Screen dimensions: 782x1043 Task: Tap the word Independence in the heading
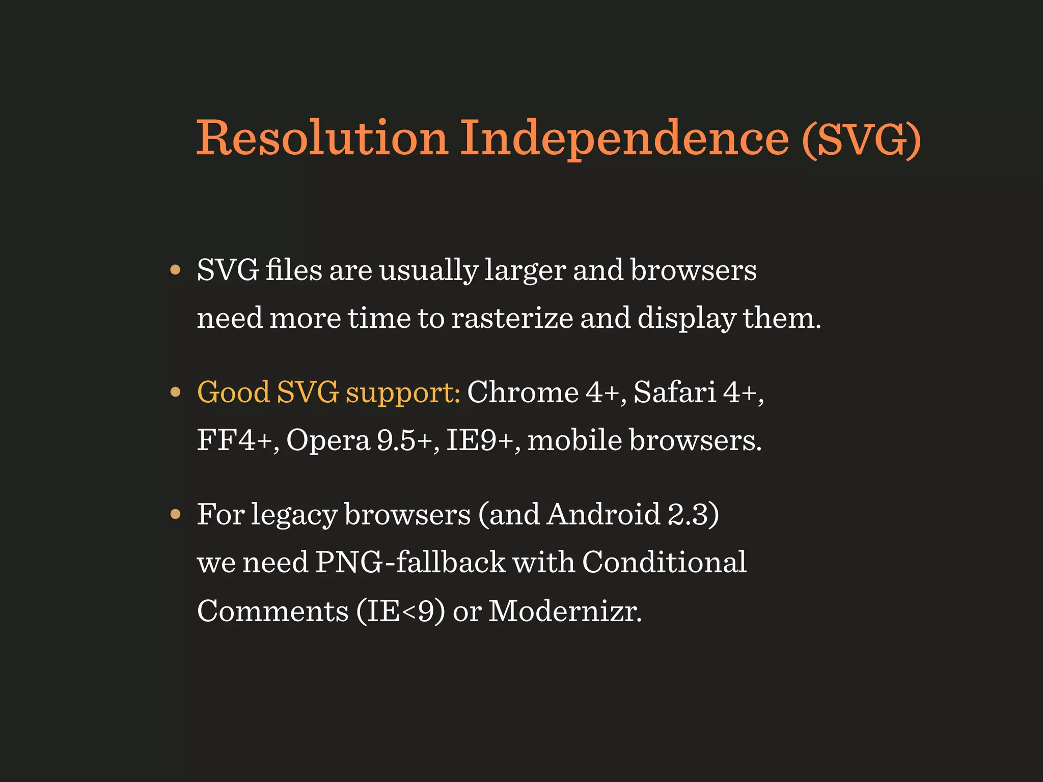(624, 138)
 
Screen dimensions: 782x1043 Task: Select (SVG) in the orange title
(861, 138)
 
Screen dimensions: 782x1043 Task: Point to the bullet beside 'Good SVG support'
(176, 392)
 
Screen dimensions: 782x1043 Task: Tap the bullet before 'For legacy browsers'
(176, 514)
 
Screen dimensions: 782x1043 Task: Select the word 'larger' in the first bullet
(525, 271)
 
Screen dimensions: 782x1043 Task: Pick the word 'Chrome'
(523, 392)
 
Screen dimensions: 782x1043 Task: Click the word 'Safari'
(675, 392)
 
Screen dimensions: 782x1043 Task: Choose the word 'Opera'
(328, 440)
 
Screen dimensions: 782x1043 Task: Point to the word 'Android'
(603, 514)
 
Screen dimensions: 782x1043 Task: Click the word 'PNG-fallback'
(410, 562)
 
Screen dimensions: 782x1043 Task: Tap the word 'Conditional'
(664, 562)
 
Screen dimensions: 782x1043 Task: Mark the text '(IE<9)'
(401, 610)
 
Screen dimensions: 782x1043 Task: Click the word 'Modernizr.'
(565, 610)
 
